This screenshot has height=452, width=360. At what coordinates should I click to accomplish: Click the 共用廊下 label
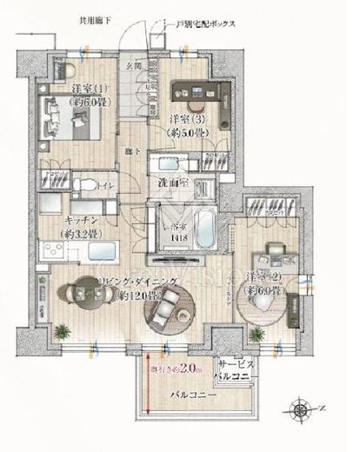pyautogui.click(x=97, y=18)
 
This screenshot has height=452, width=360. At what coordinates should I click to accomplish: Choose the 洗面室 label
pyautogui.click(x=175, y=183)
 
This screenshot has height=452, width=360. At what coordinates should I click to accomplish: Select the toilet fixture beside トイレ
pyautogui.click(x=84, y=183)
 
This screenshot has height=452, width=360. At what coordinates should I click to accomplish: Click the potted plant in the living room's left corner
pyautogui.click(x=63, y=329)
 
